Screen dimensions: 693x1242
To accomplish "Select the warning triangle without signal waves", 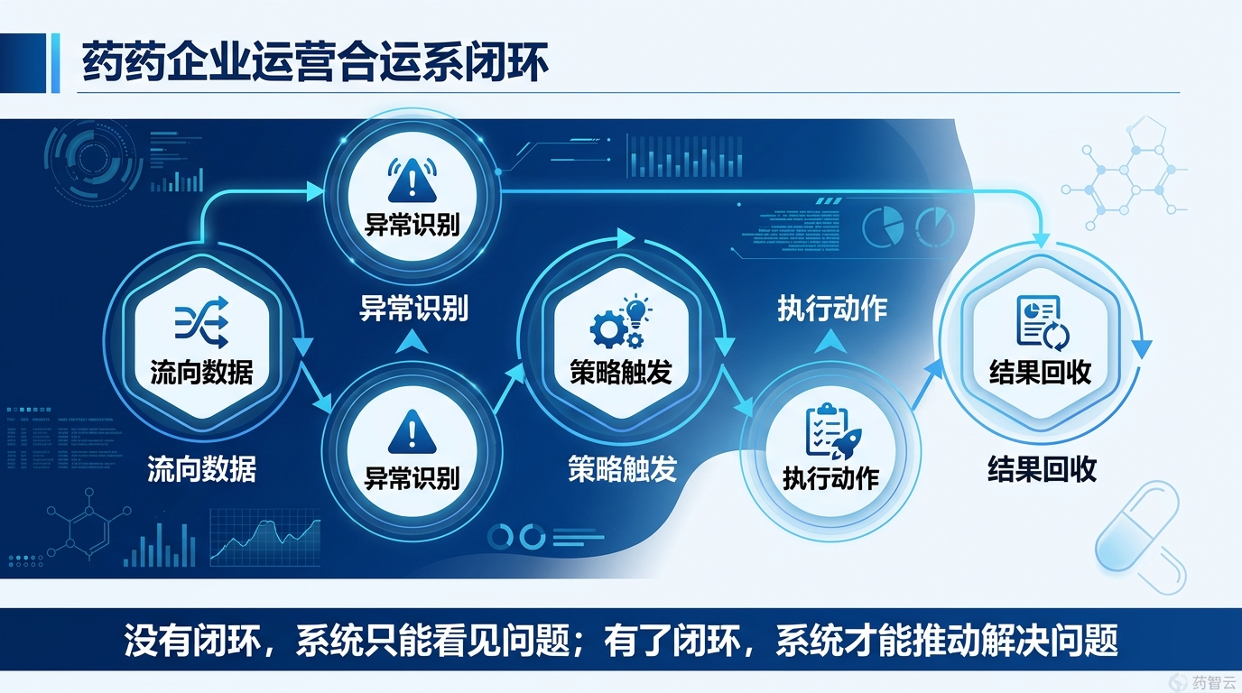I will click(x=412, y=431).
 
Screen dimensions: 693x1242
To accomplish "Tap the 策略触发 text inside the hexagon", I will click(x=621, y=372).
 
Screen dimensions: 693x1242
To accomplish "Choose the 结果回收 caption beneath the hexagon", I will click(x=1042, y=469).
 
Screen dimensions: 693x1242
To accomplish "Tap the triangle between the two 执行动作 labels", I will click(x=830, y=340).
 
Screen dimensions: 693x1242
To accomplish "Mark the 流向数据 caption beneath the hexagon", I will click(x=201, y=468).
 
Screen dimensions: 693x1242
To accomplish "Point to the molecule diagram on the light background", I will click(x=1124, y=171).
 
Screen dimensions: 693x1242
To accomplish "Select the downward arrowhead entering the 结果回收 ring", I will click(x=1043, y=241).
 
